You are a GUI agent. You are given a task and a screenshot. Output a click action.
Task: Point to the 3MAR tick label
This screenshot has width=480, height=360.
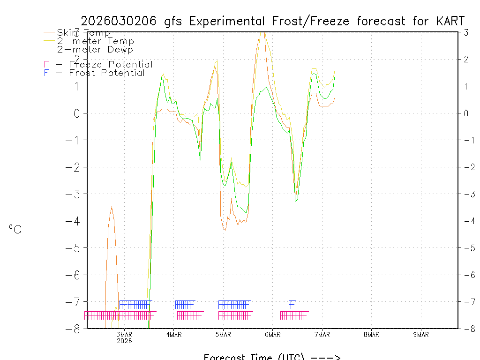coord(124,334)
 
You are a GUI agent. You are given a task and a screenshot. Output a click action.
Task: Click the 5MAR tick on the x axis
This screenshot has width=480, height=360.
coord(223,334)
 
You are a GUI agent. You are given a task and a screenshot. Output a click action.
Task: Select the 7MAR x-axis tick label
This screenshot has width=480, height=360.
coord(322,334)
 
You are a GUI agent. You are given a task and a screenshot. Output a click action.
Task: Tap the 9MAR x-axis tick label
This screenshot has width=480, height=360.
coord(421,334)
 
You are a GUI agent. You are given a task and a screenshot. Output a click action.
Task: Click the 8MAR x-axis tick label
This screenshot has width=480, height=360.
coord(371,334)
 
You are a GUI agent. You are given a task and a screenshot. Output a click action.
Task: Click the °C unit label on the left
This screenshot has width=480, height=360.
coord(15,229)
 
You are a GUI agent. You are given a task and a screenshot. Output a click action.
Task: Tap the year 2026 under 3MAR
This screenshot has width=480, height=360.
coord(124,341)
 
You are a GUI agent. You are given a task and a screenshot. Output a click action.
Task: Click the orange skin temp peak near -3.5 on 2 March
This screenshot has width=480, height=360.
coord(112,206)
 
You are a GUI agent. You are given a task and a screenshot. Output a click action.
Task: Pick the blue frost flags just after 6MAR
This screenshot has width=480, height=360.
coord(292,304)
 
